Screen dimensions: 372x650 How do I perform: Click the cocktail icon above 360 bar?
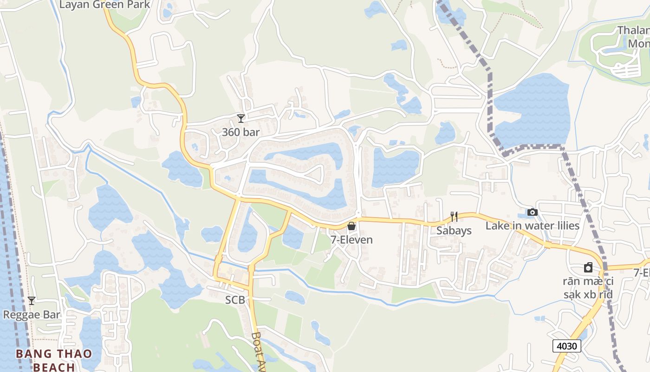point(240,119)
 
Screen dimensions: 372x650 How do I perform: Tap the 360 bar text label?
point(240,132)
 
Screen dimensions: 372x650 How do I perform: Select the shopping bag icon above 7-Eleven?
point(351,226)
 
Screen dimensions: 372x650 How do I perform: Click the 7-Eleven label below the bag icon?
point(351,240)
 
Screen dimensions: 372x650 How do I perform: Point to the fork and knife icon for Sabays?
point(454,217)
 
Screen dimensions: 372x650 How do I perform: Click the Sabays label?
point(454,231)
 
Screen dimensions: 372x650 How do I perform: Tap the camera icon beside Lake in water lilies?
point(533,213)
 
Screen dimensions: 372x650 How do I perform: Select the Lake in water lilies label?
point(533,226)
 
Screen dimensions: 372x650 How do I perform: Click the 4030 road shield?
point(567,346)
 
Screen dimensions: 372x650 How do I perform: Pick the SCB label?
point(234,300)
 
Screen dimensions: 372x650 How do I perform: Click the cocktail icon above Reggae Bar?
point(32,301)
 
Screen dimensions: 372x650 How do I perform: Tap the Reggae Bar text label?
point(32,315)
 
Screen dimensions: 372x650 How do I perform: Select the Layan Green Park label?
point(105,5)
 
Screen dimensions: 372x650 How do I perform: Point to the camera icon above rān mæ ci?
point(588,267)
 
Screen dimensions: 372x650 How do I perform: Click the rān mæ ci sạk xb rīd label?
point(588,288)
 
